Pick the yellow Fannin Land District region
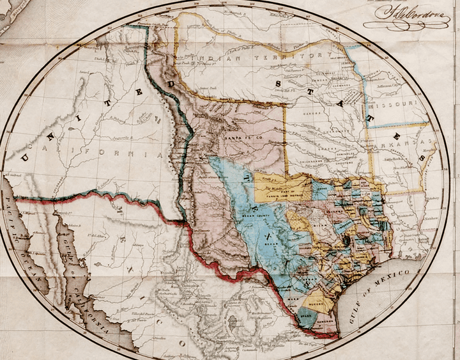pyautogui.click(x=281, y=186)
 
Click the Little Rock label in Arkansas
pyautogui.click(x=399, y=157)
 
